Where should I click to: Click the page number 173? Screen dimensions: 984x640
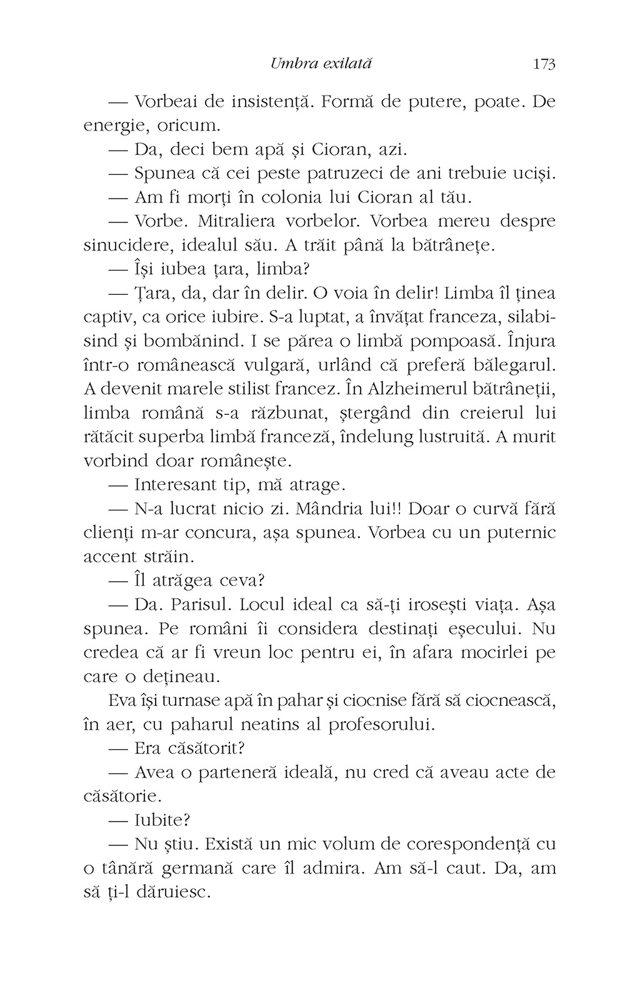pyautogui.click(x=544, y=64)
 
